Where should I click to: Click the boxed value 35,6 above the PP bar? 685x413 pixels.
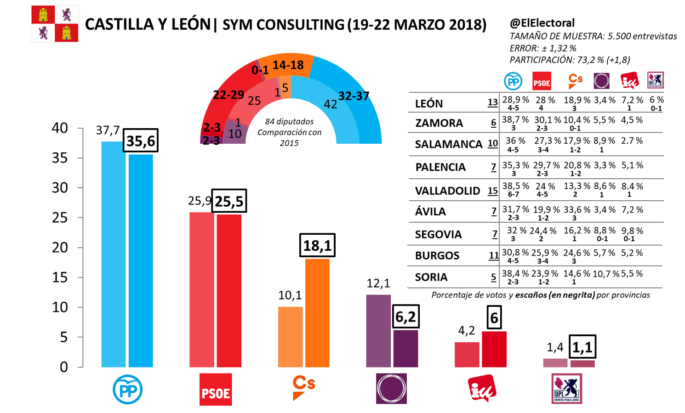pos(141,141)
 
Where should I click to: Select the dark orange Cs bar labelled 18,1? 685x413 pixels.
pos(317,312)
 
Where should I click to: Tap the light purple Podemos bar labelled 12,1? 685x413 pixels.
pos(378,331)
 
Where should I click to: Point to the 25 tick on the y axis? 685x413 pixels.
pos(60,218)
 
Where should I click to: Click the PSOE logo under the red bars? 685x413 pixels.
pos(216,390)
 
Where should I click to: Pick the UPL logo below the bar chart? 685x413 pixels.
pos(566,389)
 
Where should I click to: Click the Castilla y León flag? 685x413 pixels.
pos(55,24)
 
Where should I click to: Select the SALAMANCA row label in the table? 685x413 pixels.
pos(448,144)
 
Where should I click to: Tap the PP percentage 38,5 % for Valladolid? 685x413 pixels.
pos(515,187)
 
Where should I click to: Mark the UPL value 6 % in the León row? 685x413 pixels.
pos(656,100)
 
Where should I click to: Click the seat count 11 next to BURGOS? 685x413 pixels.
pos(494,255)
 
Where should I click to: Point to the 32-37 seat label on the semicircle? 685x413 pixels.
pos(354,96)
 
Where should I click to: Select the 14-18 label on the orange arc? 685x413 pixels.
pos(288,65)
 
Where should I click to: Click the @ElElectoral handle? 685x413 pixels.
pos(542,23)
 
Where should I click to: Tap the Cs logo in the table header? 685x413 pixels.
pos(575,81)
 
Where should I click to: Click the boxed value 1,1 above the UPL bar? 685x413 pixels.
pos(582,347)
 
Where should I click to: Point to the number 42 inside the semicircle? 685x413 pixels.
pos(331,104)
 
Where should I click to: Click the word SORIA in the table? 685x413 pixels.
pos(431,277)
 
